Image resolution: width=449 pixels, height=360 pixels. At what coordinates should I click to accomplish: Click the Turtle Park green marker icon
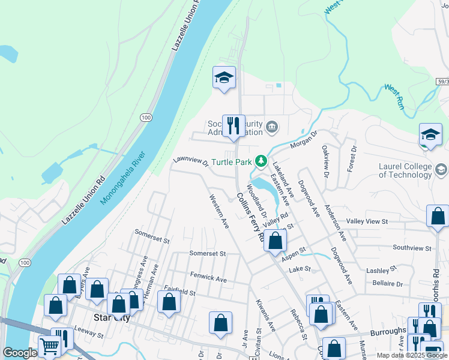[x=261, y=161]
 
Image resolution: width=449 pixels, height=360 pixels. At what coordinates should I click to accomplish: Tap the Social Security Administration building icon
[x=272, y=126]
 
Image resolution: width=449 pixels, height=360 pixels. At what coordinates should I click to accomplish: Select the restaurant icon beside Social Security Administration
[x=234, y=126]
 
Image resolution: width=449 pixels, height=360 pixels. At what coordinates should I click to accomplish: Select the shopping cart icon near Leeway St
[x=49, y=346]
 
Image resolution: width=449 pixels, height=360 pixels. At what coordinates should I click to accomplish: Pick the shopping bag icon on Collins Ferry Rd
[x=275, y=241]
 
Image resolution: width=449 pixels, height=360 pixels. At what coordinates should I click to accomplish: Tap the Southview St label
[x=412, y=247]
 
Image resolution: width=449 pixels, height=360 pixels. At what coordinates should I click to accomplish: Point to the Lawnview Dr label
[x=190, y=161]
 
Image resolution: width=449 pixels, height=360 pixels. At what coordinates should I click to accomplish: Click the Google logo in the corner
[x=20, y=353]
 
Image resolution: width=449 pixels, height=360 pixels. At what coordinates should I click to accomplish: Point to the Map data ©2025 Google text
[x=412, y=355]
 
